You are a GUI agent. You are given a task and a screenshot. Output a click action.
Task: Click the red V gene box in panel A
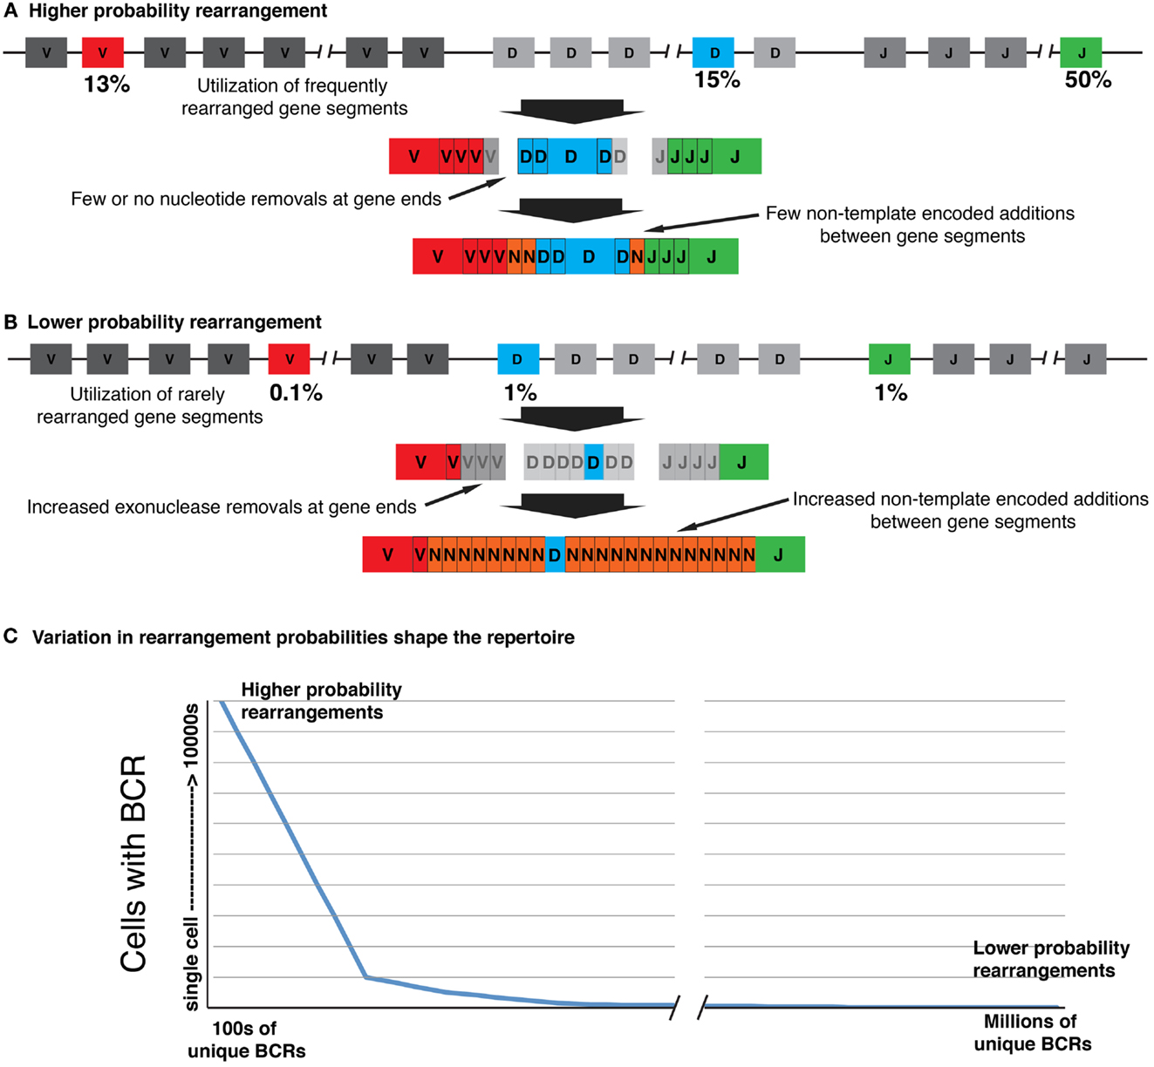103,52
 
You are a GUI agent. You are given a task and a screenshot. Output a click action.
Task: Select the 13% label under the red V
106,85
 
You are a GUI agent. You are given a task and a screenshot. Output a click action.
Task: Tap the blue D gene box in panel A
714,52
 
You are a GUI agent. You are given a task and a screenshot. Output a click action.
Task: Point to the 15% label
717,80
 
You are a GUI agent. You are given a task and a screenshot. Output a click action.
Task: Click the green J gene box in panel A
1082,52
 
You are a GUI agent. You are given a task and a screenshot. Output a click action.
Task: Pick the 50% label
1088,80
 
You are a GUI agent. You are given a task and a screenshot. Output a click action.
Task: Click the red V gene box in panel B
289,359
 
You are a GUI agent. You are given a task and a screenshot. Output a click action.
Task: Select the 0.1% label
296,393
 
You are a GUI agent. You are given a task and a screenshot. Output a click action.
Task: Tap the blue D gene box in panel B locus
518,359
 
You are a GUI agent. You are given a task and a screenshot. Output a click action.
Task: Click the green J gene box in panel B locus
890,359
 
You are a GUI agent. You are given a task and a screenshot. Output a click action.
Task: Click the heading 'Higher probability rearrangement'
178,11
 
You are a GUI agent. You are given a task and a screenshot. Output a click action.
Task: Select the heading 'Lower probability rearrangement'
174,322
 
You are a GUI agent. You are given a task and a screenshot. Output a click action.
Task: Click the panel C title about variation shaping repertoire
303,637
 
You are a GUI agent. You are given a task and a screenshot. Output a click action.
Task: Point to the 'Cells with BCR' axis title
133,863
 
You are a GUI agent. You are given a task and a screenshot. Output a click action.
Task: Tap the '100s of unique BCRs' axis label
246,1039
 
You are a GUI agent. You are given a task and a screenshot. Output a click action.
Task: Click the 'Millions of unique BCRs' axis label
1032,1032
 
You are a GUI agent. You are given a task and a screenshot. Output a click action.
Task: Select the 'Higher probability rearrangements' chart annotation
321,701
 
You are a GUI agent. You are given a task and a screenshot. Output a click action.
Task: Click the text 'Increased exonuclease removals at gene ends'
222,507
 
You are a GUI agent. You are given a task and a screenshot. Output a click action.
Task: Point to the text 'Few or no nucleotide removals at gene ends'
256,199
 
